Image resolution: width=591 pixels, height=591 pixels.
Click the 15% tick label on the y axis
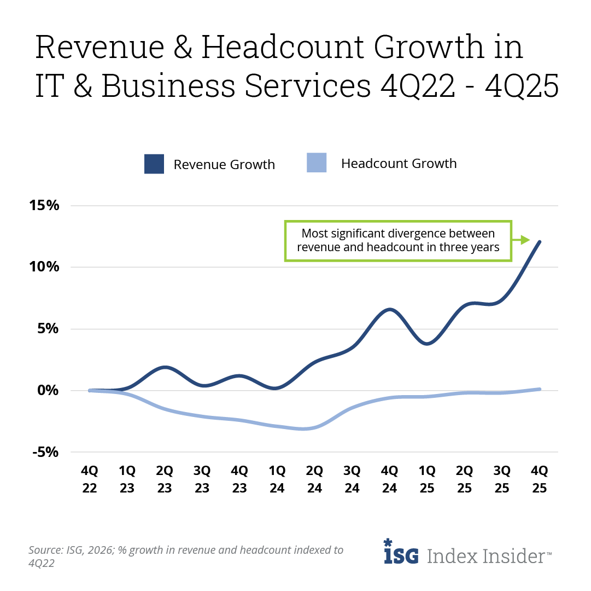(x=43, y=206)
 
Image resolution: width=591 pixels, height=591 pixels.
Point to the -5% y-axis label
(x=43, y=452)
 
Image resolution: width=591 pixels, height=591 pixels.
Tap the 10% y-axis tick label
(x=43, y=267)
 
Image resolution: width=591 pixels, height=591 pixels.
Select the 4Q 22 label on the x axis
(x=90, y=479)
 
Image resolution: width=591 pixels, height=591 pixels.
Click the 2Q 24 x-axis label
(x=314, y=479)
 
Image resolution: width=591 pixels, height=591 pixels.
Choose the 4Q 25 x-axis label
(x=540, y=479)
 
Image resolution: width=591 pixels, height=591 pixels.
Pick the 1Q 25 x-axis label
(x=427, y=479)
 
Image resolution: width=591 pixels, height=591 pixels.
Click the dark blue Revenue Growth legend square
(x=154, y=164)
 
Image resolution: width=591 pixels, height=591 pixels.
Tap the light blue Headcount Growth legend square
(x=317, y=163)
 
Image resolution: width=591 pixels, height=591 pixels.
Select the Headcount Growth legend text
(x=399, y=164)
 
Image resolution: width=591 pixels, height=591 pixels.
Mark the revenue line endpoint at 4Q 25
(x=540, y=242)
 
